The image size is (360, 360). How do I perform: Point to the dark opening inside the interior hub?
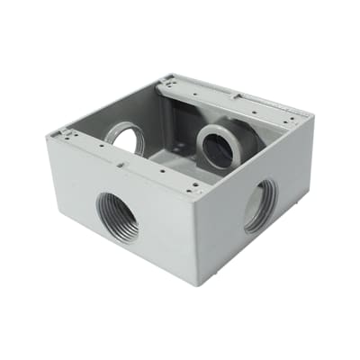(217, 148)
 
